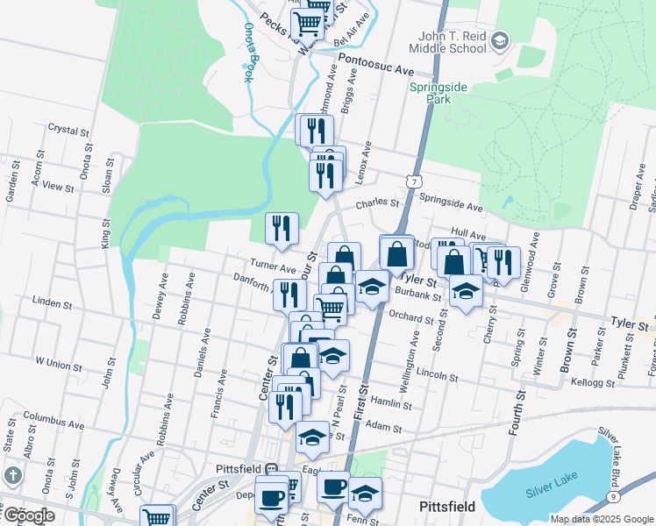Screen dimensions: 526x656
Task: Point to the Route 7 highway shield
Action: [x=412, y=180]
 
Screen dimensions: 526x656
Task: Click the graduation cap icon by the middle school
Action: [x=499, y=40]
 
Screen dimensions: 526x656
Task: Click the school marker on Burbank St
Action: [x=466, y=290]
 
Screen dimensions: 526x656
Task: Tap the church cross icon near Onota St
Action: [x=12, y=476]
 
